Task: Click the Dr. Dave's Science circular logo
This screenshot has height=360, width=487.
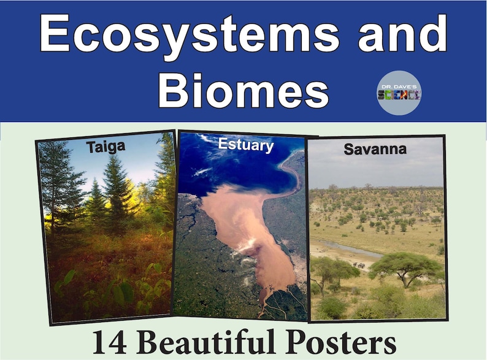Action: (399, 93)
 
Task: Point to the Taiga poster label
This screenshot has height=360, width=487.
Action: (105, 148)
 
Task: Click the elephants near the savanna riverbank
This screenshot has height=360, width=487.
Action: (359, 266)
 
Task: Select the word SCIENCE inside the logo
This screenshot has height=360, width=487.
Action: (399, 95)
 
